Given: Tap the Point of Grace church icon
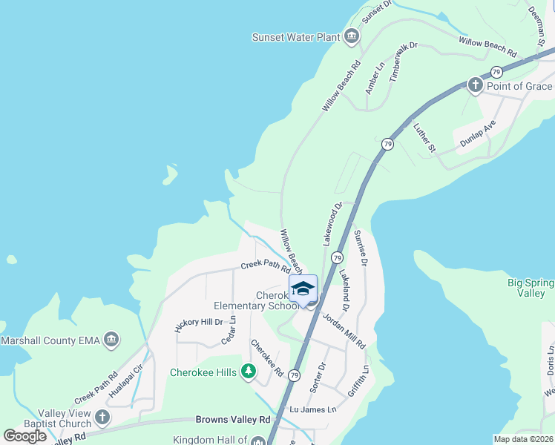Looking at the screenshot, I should click(476, 86).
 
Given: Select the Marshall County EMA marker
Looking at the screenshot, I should click(112, 340).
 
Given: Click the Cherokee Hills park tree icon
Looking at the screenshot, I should click(249, 372).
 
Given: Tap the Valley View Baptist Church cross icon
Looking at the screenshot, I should click(102, 418).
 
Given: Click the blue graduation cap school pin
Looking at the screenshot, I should click(303, 289).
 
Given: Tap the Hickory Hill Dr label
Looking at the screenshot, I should click(199, 323).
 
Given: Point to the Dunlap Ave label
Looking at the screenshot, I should click(477, 134).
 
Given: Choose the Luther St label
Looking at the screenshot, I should click(424, 138).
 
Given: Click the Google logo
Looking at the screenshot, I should click(25, 436).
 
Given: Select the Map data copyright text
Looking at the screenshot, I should click(522, 439).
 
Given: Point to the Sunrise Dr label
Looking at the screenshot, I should click(361, 247).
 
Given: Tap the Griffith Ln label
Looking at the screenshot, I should click(363, 363).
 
